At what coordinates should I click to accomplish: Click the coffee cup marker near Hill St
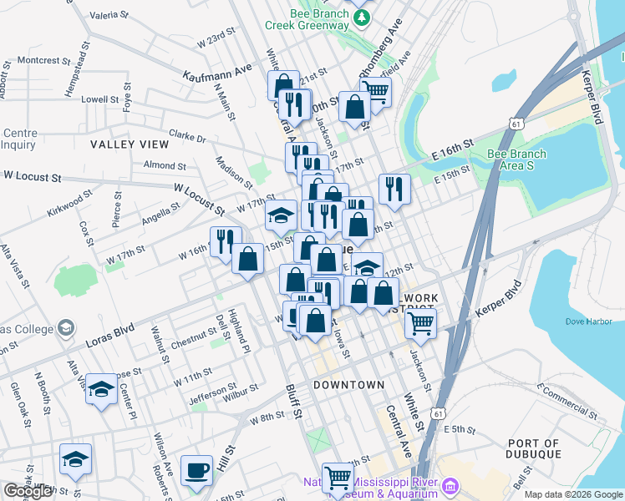196,470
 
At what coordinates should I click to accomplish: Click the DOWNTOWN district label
349,385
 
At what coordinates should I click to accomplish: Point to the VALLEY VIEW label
130,144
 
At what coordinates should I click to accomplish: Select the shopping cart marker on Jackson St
421,322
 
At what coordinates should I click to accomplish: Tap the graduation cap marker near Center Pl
101,389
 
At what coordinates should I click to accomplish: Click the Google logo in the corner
28,491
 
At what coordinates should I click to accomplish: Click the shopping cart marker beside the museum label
338,478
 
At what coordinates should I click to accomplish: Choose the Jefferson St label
206,392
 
